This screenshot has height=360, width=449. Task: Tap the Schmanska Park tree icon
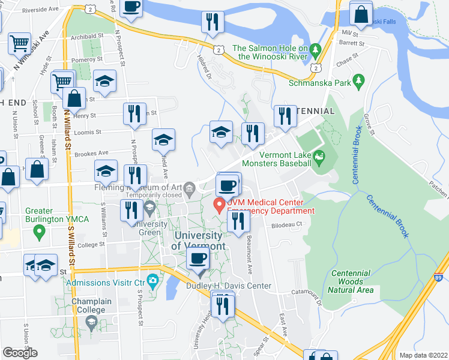(359, 79)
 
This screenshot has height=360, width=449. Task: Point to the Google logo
(20, 353)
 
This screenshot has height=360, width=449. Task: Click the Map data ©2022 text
(423, 355)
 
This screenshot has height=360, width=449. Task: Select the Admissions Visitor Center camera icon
(153, 280)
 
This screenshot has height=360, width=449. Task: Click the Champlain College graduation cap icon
(91, 323)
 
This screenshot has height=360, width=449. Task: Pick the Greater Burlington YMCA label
(56, 215)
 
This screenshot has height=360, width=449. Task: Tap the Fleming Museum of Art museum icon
(190, 187)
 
